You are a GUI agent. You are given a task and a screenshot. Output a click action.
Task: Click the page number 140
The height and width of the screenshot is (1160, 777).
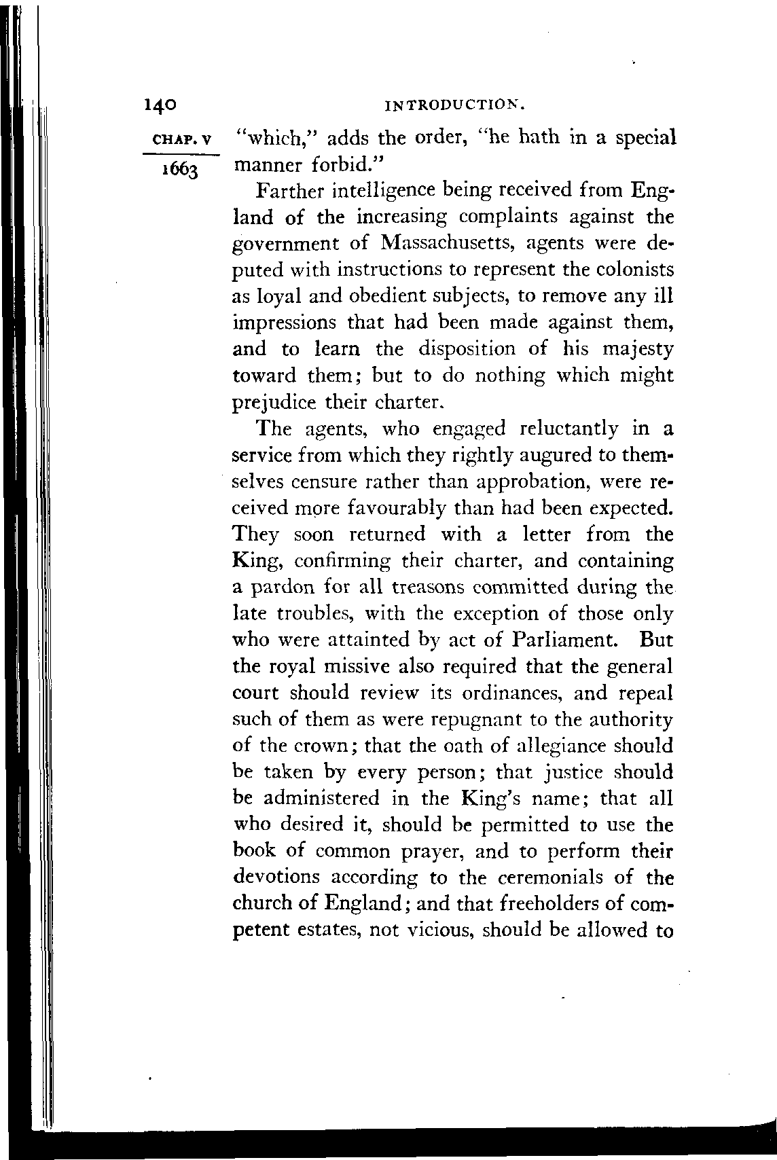coord(160,105)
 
